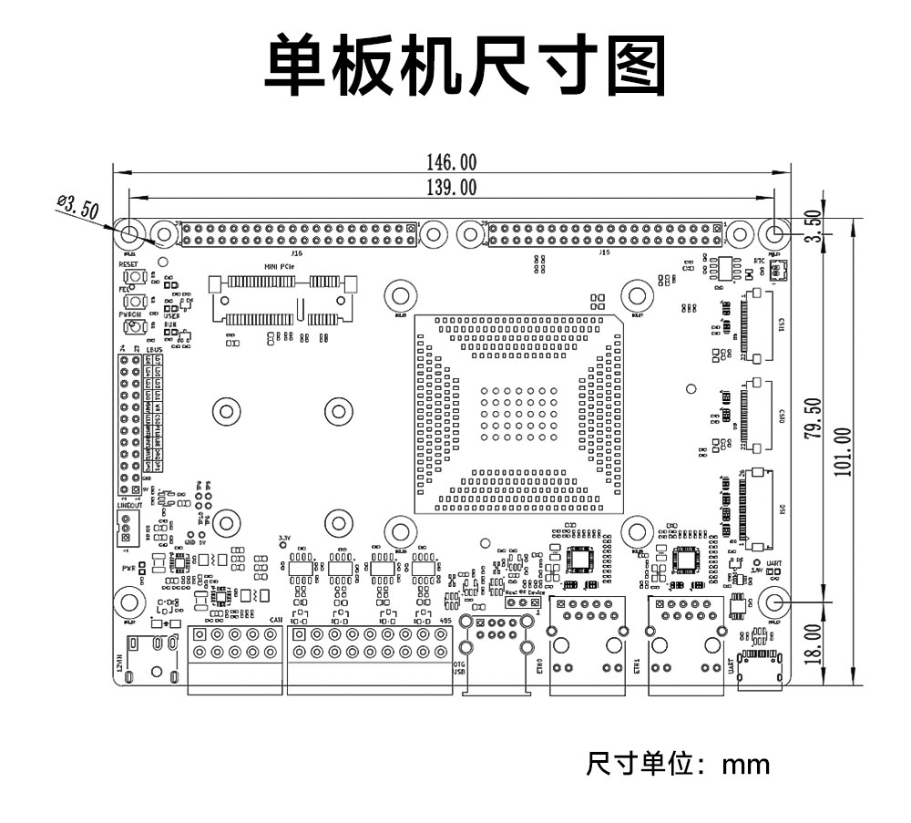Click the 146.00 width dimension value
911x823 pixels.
451,162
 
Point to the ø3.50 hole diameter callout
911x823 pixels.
77,207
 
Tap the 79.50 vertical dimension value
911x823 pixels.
814,417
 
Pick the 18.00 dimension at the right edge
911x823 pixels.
814,643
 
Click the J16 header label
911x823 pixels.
296,253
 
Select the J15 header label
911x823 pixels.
604,253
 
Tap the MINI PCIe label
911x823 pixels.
279,266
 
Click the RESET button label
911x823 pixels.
128,263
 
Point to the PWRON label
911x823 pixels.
128,314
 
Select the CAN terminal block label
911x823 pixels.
274,621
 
